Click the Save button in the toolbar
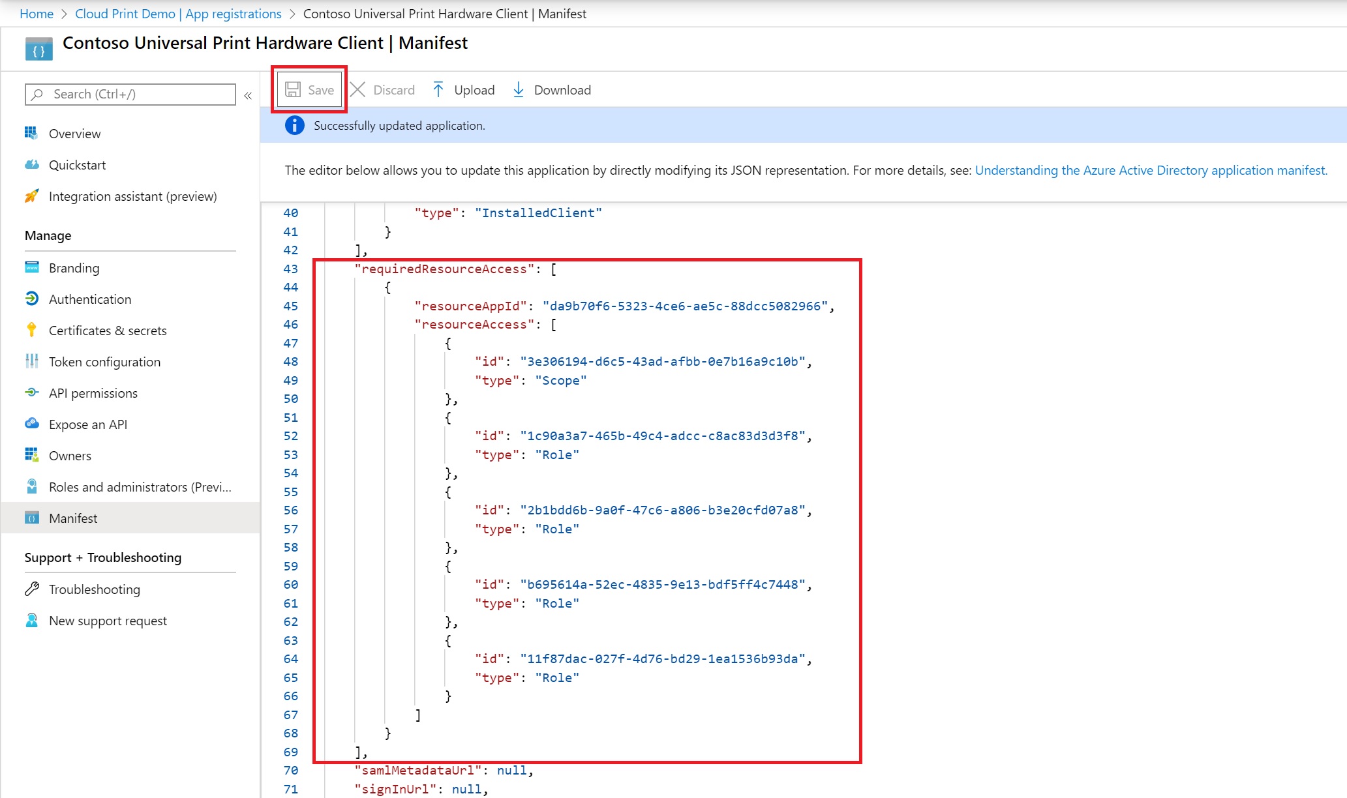[x=310, y=90]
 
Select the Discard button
[x=382, y=90]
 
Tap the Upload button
[x=464, y=90]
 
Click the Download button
[x=551, y=90]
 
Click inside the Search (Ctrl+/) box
[x=130, y=95]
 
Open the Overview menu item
[x=74, y=134]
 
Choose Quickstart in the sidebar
[x=77, y=165]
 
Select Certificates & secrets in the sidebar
[x=108, y=331]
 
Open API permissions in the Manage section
[x=93, y=393]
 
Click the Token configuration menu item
[x=104, y=362]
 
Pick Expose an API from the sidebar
[x=88, y=424]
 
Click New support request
[x=108, y=621]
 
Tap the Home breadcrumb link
[x=37, y=14]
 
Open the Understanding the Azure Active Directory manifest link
[x=1151, y=170]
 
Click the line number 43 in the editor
[x=290, y=269]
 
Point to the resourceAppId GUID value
[x=685, y=306]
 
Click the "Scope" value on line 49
[x=560, y=380]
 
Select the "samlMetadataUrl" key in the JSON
[x=417, y=770]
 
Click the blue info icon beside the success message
[x=295, y=125]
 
